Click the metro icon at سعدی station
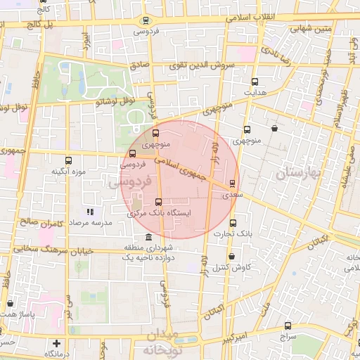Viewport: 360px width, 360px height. click(x=232, y=184)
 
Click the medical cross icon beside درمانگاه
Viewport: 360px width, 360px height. click(x=57, y=344)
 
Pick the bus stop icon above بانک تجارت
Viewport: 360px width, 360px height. click(x=233, y=224)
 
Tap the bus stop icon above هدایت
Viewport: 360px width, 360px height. click(x=255, y=81)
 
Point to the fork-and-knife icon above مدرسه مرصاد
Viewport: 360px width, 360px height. click(x=89, y=211)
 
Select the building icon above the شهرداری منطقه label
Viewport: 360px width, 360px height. click(x=147, y=238)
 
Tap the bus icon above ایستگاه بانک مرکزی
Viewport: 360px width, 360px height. click(x=157, y=202)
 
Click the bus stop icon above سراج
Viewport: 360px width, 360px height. click(x=288, y=326)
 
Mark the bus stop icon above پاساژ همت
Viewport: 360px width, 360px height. click(x=10, y=303)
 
